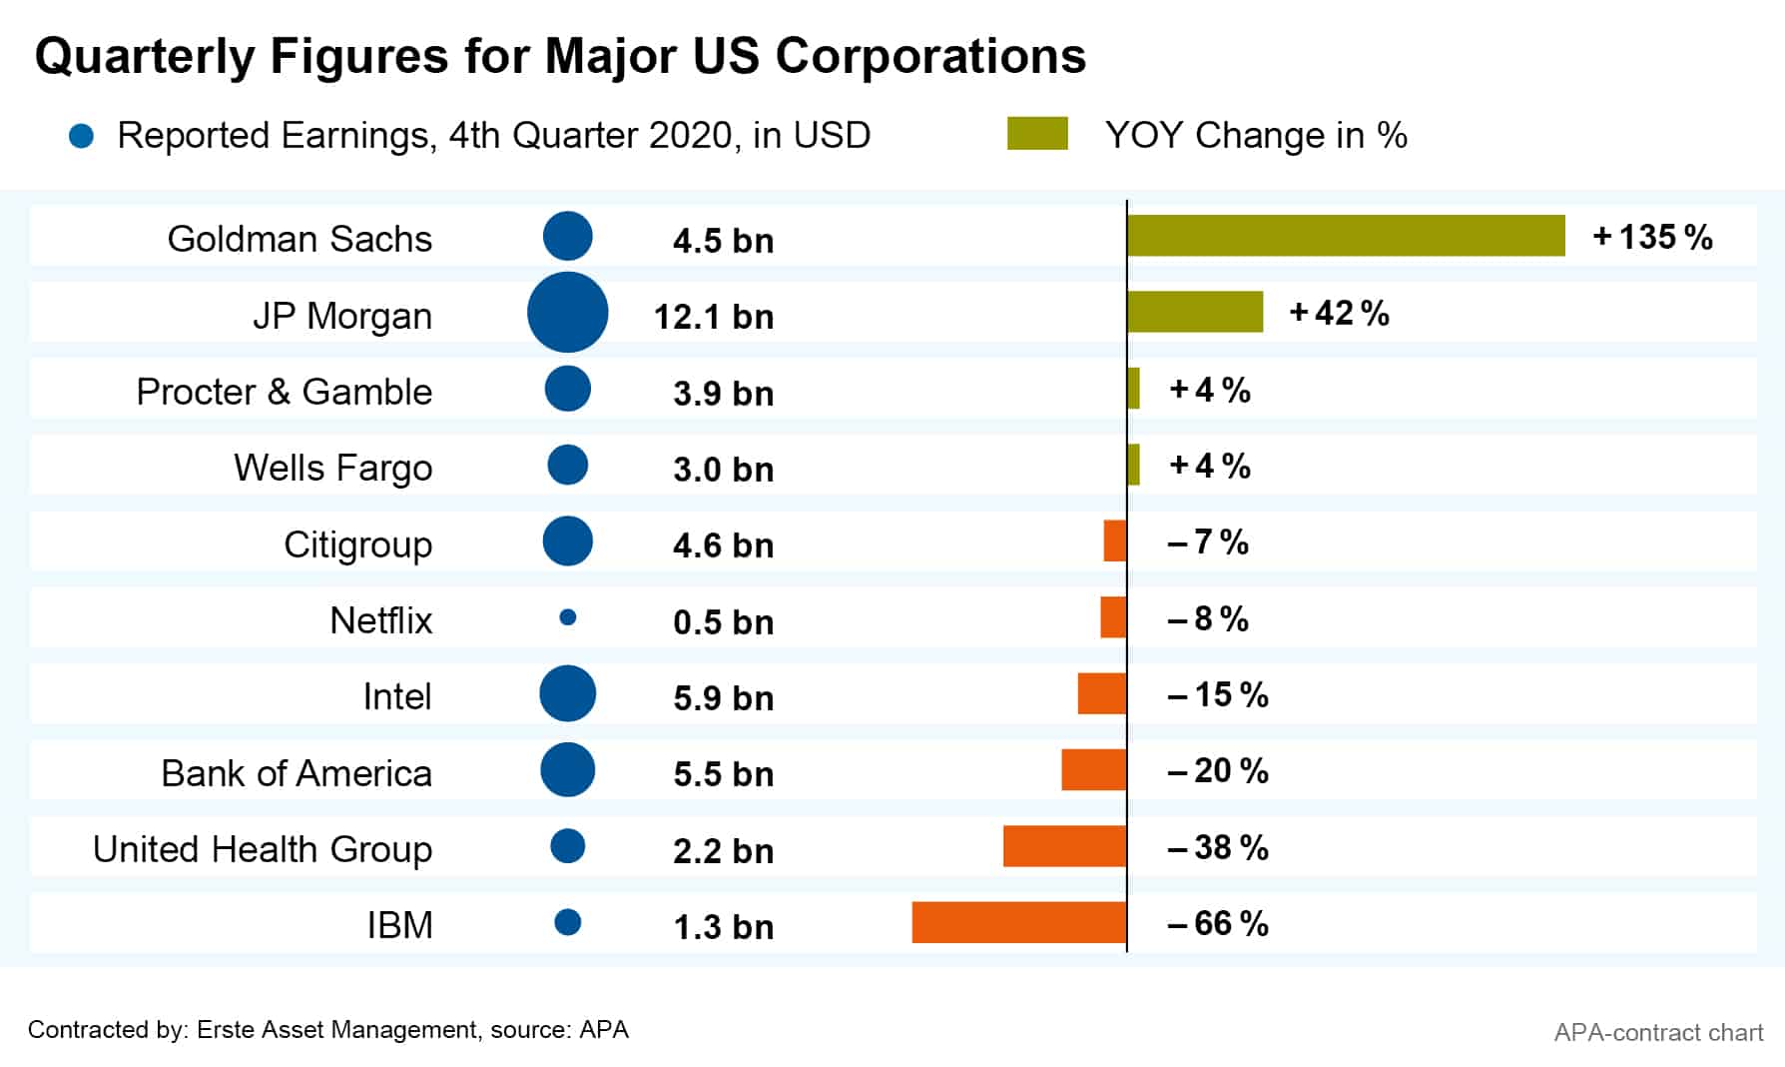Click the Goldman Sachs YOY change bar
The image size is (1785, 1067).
coord(1346,236)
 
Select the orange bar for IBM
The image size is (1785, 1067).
coord(1019,922)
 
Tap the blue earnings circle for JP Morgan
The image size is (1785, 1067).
coord(567,313)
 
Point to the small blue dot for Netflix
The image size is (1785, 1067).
coord(568,617)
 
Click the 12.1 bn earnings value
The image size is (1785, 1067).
coord(713,317)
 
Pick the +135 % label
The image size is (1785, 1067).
coord(1652,237)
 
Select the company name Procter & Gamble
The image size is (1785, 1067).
coord(284,392)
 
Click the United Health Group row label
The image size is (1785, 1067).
coord(262,849)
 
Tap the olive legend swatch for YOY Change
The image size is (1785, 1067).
coord(1037,134)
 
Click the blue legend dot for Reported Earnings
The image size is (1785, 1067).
coord(81,136)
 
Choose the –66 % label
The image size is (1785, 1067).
coord(1217,923)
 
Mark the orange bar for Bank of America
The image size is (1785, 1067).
coord(1094,770)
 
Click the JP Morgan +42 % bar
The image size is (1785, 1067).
coord(1195,312)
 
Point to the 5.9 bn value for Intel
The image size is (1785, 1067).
coord(723,697)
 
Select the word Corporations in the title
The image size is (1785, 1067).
coord(930,56)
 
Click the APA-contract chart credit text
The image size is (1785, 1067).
coord(1658,1032)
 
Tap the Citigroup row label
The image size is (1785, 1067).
coord(357,544)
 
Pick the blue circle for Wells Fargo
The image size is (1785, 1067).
coord(568,465)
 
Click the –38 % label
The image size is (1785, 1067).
coord(1217,847)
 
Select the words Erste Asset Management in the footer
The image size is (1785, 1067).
coord(337,1030)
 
